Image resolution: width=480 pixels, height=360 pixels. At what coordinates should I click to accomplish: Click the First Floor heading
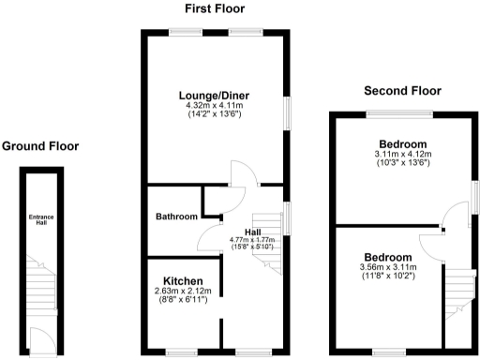point(215,10)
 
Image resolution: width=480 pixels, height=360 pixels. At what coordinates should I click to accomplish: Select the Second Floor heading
point(402,91)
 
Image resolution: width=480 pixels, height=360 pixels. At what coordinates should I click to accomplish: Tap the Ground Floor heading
point(40,146)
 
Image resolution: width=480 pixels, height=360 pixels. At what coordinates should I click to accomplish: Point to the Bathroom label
point(176,217)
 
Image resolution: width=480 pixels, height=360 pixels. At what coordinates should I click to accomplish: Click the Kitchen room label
point(183,280)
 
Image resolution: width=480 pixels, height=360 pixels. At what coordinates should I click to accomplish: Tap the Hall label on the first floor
point(252,231)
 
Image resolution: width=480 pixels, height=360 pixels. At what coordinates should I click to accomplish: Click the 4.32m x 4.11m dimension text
point(215,106)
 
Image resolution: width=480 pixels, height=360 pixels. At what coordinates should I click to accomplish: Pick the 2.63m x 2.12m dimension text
point(183,291)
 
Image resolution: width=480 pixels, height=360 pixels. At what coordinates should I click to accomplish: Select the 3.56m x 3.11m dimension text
point(387,267)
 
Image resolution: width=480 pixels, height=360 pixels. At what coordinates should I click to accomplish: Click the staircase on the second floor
point(457,292)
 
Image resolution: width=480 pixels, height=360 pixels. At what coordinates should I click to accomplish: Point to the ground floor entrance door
point(38,337)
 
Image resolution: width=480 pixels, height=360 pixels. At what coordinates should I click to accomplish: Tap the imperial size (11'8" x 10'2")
point(387,277)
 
